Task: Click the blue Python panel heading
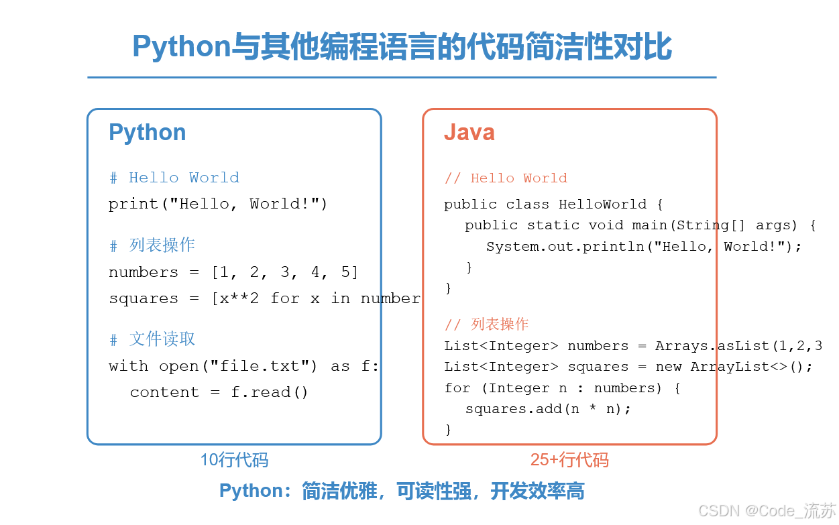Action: click(x=148, y=133)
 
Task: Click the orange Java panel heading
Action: click(x=469, y=133)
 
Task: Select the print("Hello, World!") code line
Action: click(x=218, y=204)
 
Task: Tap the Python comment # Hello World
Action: click(x=174, y=178)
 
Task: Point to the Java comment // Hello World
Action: click(x=506, y=178)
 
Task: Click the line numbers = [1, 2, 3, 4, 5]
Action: click(x=234, y=272)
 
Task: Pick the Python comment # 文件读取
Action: click(x=152, y=339)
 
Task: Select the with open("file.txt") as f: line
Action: click(x=244, y=366)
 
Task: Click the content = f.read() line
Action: click(x=219, y=392)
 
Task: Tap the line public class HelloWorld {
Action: click(x=553, y=205)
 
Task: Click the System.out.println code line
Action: click(x=644, y=247)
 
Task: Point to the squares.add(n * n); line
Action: click(x=548, y=408)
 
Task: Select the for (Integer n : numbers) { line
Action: click(x=562, y=388)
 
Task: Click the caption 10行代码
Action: click(x=234, y=461)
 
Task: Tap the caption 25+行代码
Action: click(x=569, y=461)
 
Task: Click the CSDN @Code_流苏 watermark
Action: click(x=767, y=511)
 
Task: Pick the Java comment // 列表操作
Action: click(x=486, y=325)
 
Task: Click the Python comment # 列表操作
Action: click(x=152, y=245)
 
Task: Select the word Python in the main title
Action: click(x=181, y=47)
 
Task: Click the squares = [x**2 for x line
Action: click(x=264, y=299)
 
